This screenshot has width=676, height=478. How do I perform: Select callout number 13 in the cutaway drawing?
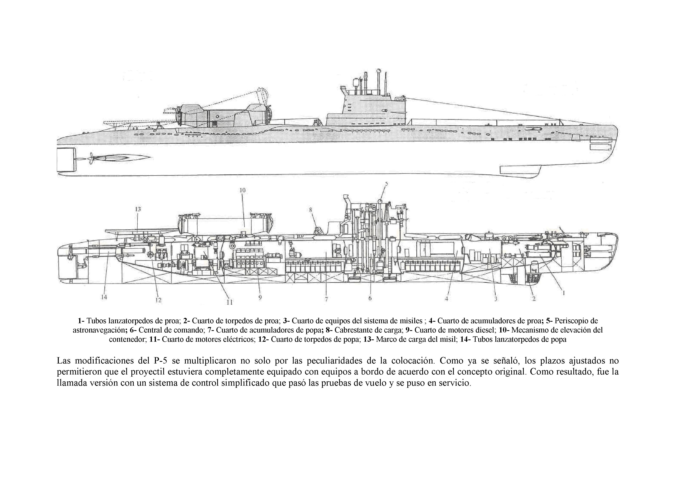pyautogui.click(x=138, y=209)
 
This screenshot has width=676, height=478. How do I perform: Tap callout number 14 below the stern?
pyautogui.click(x=104, y=297)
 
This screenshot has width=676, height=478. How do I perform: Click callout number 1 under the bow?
pyautogui.click(x=563, y=293)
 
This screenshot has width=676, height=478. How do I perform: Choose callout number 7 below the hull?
pyautogui.click(x=326, y=299)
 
